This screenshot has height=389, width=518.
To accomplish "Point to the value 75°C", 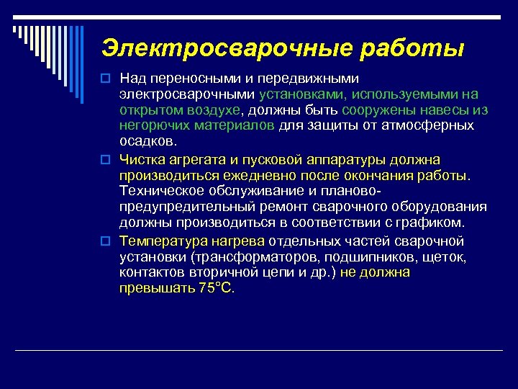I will (x=217, y=288).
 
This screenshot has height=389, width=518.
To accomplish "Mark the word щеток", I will (x=447, y=256).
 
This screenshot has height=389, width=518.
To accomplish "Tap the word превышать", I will (x=156, y=288).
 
